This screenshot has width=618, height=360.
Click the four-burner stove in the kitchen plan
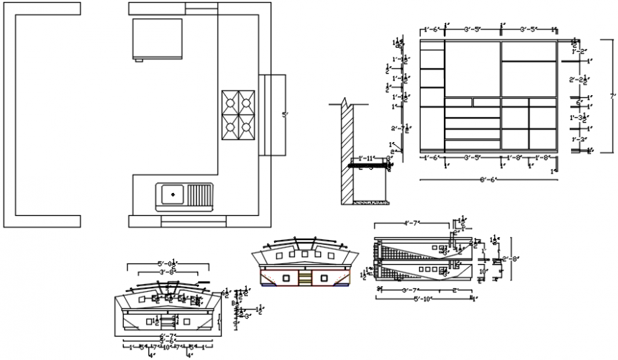pos(238,114)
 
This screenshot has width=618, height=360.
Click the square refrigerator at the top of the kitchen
pos(156,39)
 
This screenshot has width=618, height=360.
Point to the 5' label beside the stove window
pos(285,114)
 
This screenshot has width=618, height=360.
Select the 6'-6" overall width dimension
pos(489,180)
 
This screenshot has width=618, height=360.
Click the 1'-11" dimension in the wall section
pos(366,158)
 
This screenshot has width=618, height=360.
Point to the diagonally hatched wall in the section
pos(346,153)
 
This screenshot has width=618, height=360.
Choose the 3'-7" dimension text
pos(407,290)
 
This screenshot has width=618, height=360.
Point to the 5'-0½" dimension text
pos(168,264)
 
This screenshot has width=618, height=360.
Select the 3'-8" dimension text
pos(168,272)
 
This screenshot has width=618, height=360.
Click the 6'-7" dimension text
pos(168,335)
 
